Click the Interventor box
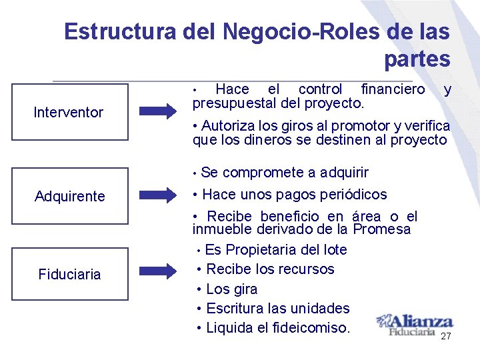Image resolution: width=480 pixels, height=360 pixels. click(69, 112)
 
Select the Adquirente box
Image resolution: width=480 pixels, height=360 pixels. click(69, 196)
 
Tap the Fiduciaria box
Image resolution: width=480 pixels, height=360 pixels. click(69, 274)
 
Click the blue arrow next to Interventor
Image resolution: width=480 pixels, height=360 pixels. click(158, 112)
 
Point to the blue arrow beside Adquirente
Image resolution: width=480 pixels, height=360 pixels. click(158, 195)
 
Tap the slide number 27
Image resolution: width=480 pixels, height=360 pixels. click(446, 337)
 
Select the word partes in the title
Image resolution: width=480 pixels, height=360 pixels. click(417, 59)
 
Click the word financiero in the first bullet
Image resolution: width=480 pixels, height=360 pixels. click(392, 89)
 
